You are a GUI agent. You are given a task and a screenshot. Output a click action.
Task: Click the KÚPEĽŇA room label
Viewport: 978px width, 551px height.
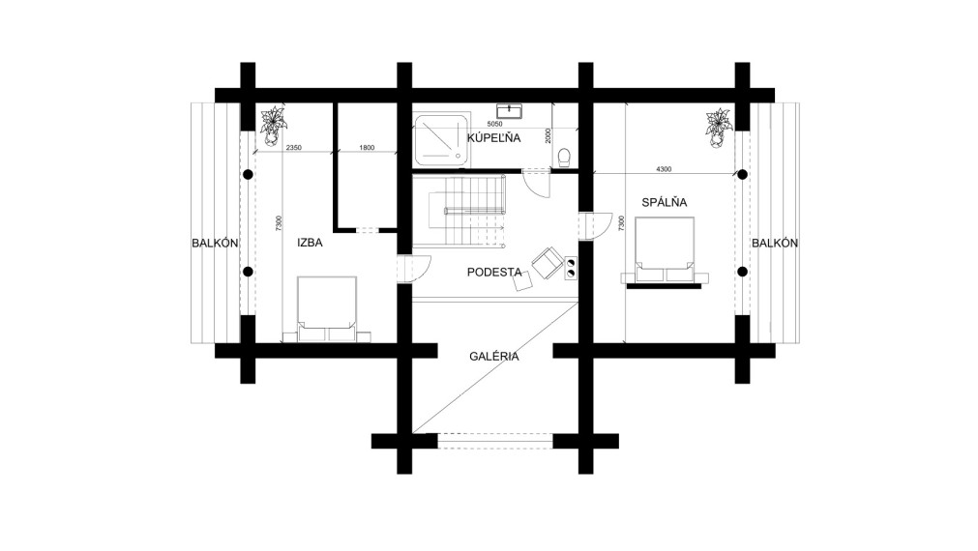pos(493,137)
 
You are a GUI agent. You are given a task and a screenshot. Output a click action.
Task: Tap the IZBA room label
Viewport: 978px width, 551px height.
pos(310,243)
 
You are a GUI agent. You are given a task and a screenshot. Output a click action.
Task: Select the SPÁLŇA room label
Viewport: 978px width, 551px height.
pos(665,202)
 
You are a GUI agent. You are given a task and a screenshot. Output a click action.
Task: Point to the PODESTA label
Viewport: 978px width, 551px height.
pos(494,272)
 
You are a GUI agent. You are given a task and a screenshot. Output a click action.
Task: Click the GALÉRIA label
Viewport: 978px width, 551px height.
pos(494,357)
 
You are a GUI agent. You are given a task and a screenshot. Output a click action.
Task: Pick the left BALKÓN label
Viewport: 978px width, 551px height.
pos(215,243)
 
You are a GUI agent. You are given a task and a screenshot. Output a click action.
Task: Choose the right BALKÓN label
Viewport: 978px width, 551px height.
pos(775,243)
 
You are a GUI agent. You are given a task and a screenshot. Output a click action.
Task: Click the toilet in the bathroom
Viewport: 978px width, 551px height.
pos(565,158)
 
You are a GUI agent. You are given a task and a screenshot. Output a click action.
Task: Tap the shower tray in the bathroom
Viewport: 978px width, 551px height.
pos(441,140)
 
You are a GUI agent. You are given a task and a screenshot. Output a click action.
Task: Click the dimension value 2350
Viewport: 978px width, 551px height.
pos(293,148)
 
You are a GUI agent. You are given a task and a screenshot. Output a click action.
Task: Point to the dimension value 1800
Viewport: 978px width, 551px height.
pos(367,148)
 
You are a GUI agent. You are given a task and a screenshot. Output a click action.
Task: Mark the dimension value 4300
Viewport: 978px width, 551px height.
pos(664,169)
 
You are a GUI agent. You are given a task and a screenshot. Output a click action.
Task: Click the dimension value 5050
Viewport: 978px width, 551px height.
pos(494,124)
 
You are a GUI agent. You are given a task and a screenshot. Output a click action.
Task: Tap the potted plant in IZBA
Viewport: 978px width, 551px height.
pos(273,126)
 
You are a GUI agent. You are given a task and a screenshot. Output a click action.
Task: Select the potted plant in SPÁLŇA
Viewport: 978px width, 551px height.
pos(718,129)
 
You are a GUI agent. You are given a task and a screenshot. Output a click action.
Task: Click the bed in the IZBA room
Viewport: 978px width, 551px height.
pos(327,309)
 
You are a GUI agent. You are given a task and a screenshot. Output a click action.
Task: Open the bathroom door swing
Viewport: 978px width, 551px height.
pos(536,185)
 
